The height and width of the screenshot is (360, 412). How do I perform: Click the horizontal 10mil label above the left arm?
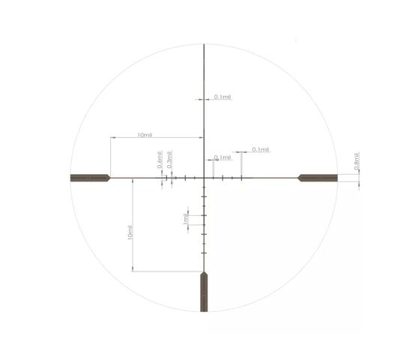145,135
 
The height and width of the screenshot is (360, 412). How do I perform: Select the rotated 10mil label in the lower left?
130,232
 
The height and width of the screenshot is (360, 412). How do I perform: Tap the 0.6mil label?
160,160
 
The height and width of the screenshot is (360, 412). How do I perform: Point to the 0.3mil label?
170,160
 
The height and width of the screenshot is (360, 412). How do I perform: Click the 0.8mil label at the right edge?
357,161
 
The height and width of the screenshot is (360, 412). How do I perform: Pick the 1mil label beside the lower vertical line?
186,219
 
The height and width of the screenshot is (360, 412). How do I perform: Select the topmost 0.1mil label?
222,97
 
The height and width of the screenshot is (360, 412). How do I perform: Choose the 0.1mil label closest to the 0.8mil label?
261,150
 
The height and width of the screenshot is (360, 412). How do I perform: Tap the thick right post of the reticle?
318,178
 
